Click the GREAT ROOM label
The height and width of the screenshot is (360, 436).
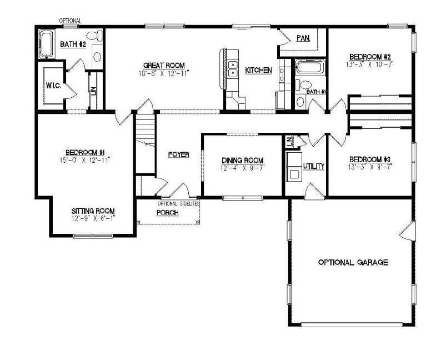pyautogui.click(x=163, y=65)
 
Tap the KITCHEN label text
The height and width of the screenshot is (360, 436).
pyautogui.click(x=258, y=71)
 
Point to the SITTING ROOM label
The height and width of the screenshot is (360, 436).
pyautogui.click(x=93, y=211)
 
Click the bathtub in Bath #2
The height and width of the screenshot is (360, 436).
pyautogui.click(x=46, y=44)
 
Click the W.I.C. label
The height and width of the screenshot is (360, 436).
pyautogui.click(x=53, y=86)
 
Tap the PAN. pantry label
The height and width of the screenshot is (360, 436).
pyautogui.click(x=303, y=38)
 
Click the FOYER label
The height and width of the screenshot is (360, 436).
pyautogui.click(x=179, y=155)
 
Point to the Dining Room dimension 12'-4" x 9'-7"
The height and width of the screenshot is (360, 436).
pyautogui.click(x=242, y=168)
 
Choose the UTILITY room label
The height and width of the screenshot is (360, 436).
pyautogui.click(x=313, y=166)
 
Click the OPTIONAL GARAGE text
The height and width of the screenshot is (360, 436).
pyautogui.click(x=353, y=262)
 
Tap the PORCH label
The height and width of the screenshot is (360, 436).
pyautogui.click(x=167, y=213)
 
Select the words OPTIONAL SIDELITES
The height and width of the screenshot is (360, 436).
pyautogui.click(x=178, y=204)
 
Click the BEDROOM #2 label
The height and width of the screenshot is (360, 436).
pyautogui.click(x=370, y=57)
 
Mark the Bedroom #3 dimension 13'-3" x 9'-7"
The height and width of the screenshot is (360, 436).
pyautogui.click(x=370, y=166)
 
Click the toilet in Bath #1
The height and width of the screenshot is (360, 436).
pyautogui.click(x=300, y=102)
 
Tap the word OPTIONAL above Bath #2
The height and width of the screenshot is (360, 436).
pyautogui.click(x=71, y=21)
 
